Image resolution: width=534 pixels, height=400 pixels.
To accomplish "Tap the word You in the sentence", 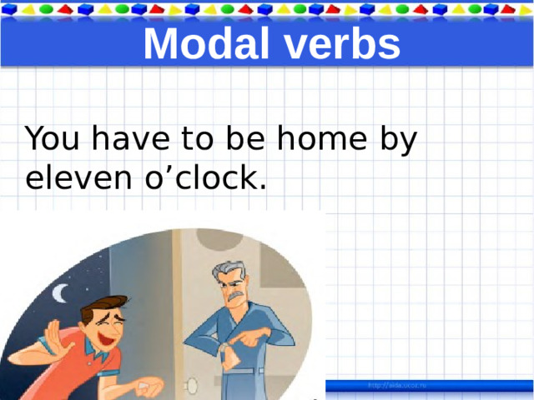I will [53, 140].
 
